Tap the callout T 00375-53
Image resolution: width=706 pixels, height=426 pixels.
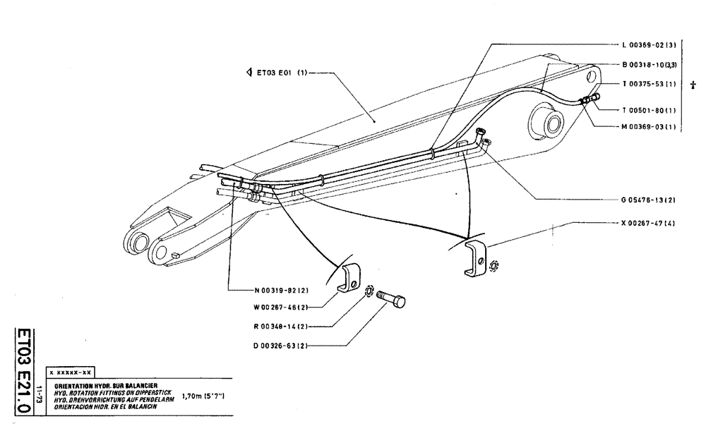pyautogui.click(x=649, y=84)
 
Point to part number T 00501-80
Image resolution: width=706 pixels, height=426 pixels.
pyautogui.click(x=649, y=109)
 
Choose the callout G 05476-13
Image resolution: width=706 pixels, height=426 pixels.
pyautogui.click(x=649, y=200)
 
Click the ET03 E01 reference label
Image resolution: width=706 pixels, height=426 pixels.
pyautogui.click(x=277, y=71)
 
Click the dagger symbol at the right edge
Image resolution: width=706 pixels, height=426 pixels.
pyautogui.click(x=693, y=85)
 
